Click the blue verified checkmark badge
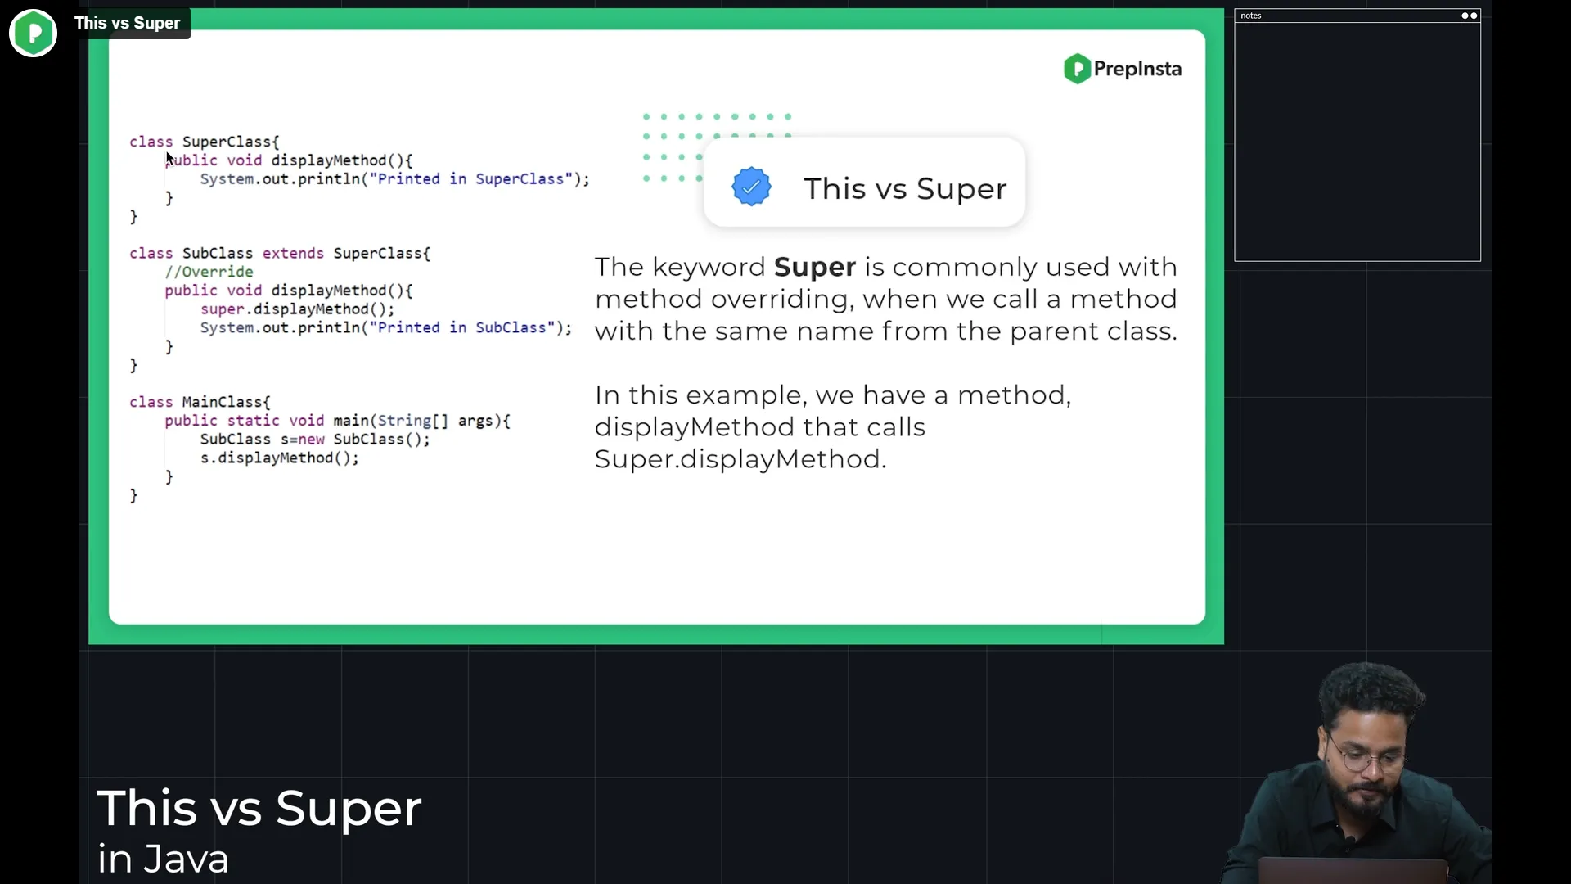click(x=751, y=187)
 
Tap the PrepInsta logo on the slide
click(x=1122, y=69)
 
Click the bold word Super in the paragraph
click(x=815, y=267)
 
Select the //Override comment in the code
click(x=209, y=272)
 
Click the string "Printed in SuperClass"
click(x=470, y=178)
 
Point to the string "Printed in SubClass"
click(x=461, y=327)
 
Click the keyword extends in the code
click(x=293, y=253)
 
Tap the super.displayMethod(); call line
click(x=297, y=309)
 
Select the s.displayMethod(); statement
click(x=279, y=458)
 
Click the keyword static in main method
click(x=253, y=421)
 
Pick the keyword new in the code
click(x=311, y=440)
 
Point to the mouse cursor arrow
click(x=170, y=159)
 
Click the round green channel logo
click(x=33, y=33)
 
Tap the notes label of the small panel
click(x=1250, y=16)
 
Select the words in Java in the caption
click(x=163, y=859)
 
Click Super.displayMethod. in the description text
click(x=740, y=459)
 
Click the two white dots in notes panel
click(x=1470, y=16)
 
